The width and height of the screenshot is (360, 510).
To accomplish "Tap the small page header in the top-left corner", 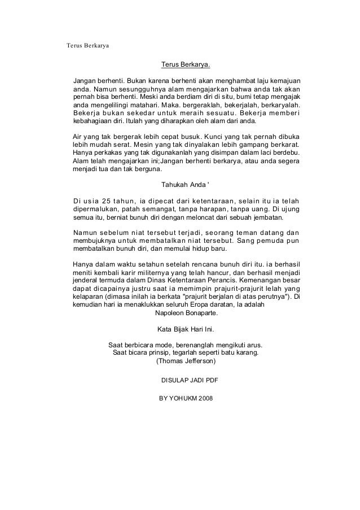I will (x=88, y=44).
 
